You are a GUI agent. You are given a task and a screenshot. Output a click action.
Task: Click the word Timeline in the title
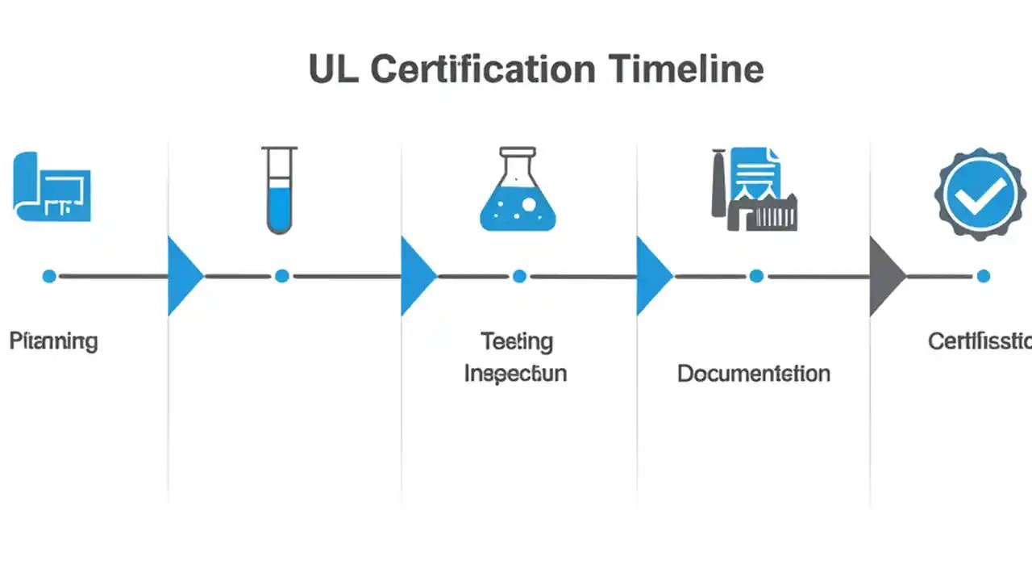click(685, 69)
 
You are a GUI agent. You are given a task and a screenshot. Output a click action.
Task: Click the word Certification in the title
click(483, 69)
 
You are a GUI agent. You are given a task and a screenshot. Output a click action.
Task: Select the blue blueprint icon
click(52, 186)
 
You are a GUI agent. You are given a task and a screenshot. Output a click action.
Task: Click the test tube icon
click(279, 190)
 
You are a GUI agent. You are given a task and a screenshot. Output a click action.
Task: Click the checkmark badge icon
click(981, 193)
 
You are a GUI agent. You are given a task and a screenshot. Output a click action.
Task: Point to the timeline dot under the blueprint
click(49, 276)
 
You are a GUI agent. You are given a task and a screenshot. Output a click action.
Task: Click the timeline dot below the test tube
click(281, 276)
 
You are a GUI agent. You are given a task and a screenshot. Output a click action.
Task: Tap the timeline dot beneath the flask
click(519, 276)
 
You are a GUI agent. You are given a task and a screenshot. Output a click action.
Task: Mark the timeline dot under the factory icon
click(756, 276)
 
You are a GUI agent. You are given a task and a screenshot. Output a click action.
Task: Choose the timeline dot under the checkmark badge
click(983, 276)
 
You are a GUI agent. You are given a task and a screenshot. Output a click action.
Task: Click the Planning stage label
click(53, 341)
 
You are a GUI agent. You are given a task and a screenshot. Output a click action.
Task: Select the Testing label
click(517, 341)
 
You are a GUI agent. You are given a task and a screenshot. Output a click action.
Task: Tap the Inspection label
click(515, 374)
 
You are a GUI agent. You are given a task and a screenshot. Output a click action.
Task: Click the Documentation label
click(753, 374)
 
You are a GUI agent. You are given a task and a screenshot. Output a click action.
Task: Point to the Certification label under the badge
click(979, 341)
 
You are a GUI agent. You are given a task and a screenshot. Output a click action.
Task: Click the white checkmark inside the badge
click(981, 194)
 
